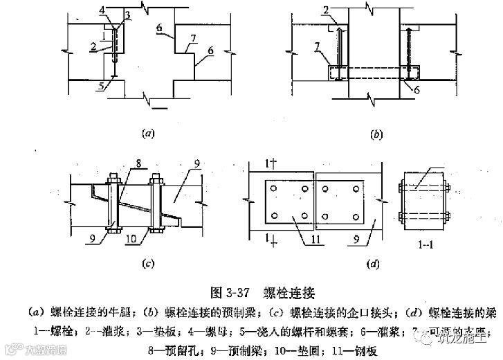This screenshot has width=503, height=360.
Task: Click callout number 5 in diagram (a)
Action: click(x=102, y=85)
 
